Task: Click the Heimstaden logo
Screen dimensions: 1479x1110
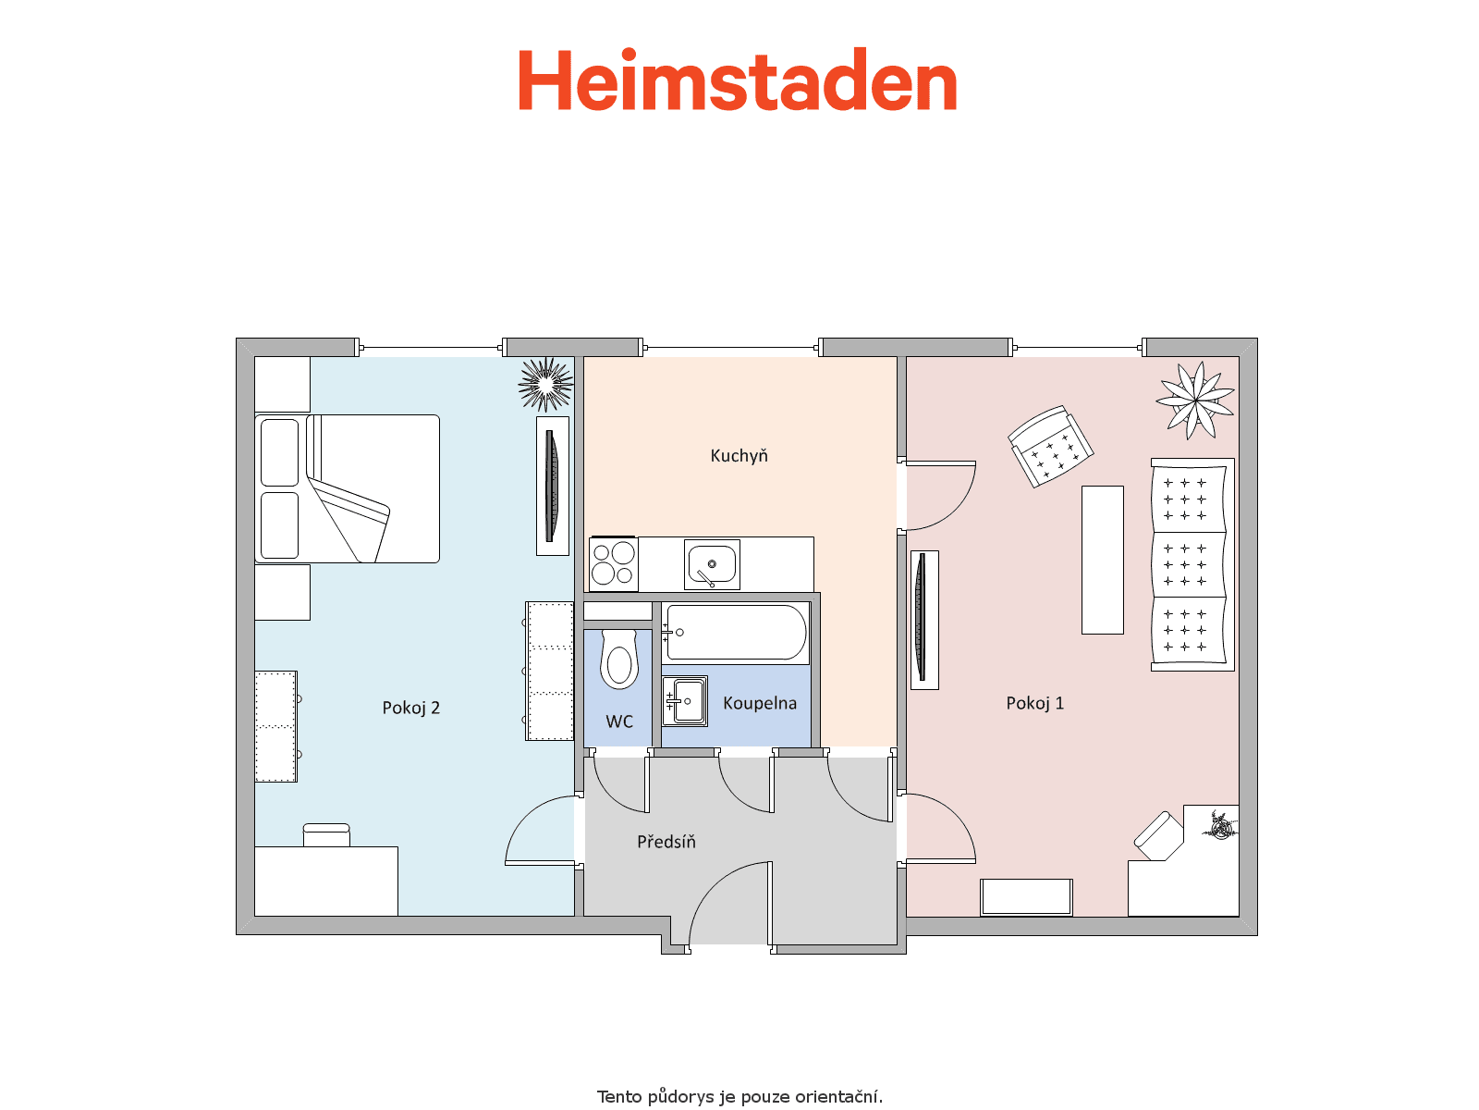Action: tap(737, 80)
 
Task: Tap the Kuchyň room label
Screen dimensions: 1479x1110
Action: tap(739, 456)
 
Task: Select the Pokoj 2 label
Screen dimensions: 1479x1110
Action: tap(410, 708)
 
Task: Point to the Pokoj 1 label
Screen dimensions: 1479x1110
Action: tap(1034, 704)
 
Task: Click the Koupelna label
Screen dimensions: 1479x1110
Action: tap(760, 704)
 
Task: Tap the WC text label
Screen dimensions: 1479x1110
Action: tap(619, 721)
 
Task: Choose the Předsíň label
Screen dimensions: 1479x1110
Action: tap(666, 841)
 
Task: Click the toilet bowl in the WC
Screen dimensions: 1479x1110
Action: tap(618, 660)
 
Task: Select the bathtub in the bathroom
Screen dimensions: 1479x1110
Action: tap(736, 632)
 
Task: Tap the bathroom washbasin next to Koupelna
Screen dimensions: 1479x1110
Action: tap(685, 701)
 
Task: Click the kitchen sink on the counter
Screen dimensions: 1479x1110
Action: tap(712, 564)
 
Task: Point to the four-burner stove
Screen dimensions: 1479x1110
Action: tap(613, 564)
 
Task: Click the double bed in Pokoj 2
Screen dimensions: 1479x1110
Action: tap(347, 488)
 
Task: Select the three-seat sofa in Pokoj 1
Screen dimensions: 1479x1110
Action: tap(1192, 565)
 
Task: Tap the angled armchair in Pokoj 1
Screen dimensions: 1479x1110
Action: tap(1050, 446)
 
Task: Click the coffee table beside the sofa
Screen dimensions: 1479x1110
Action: tap(1103, 560)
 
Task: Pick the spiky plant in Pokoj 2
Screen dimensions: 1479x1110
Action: tap(545, 384)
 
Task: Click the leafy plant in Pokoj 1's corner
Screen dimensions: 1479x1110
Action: tap(1195, 401)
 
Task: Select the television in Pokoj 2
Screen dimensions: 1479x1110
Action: tap(553, 486)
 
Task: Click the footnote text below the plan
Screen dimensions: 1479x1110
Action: tap(739, 1096)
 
